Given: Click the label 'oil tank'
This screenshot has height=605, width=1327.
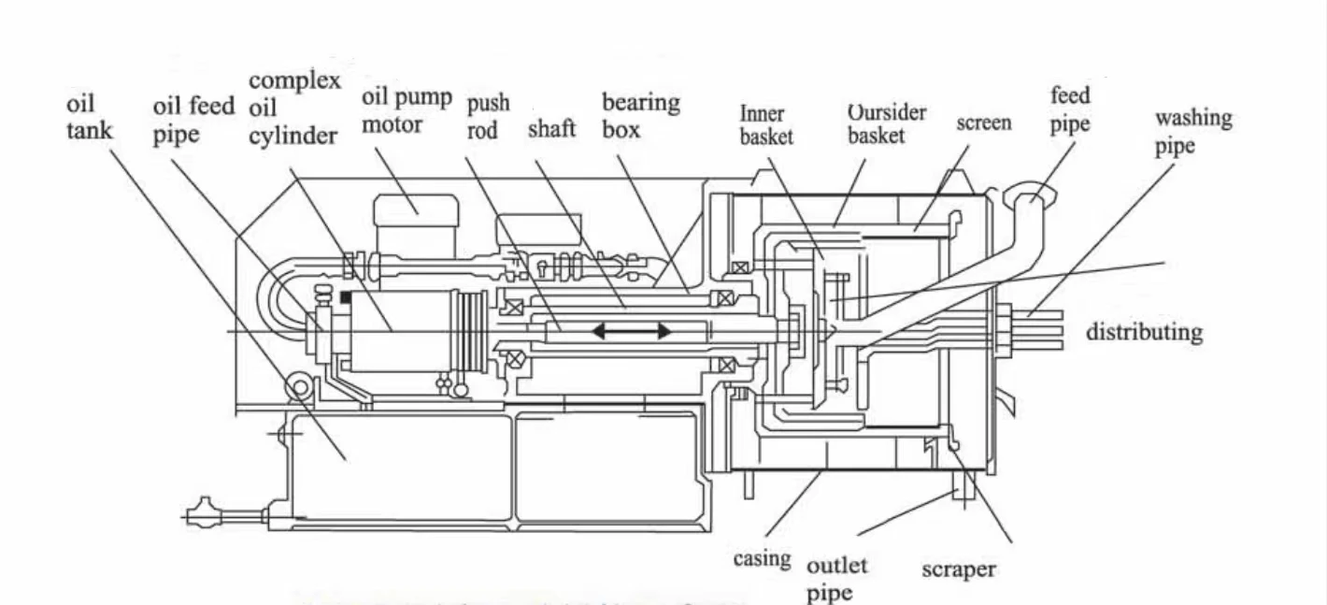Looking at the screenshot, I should (x=89, y=116).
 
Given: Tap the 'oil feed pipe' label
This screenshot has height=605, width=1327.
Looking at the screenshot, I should (x=193, y=120).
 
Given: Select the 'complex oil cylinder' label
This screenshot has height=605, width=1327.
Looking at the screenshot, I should (x=294, y=108).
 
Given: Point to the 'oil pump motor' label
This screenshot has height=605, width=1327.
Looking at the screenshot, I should (x=407, y=110).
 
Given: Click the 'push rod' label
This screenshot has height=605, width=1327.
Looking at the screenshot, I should (x=489, y=116).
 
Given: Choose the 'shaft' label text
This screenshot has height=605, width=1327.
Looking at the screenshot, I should (x=551, y=128).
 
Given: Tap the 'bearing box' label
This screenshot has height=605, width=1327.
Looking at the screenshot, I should (x=640, y=115).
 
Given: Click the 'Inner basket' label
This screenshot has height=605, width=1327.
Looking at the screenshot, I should (x=766, y=125).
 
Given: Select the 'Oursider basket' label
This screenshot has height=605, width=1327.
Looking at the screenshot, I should (x=887, y=123).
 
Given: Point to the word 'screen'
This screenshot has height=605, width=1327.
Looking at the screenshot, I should (x=983, y=123).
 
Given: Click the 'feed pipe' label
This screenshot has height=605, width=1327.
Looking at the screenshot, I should (x=1070, y=109).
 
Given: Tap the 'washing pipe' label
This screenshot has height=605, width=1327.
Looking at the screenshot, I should (x=1192, y=131).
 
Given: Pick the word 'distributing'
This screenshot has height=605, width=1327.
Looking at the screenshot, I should (x=1144, y=332).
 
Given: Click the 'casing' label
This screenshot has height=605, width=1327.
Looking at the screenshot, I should (x=762, y=559).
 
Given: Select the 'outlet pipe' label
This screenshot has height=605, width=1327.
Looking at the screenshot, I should (x=836, y=578).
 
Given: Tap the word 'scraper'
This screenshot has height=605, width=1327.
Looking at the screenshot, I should (x=959, y=569).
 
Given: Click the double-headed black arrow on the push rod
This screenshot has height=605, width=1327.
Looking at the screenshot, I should (x=630, y=331).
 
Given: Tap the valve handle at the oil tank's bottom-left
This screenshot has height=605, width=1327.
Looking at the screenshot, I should (x=200, y=514).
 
